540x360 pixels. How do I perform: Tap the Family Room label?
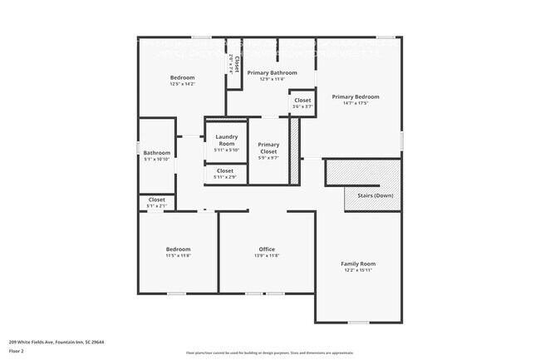point(358,264)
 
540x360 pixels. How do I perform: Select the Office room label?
point(267,249)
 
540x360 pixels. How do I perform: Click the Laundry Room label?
point(227,140)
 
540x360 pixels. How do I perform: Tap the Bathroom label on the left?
point(156,152)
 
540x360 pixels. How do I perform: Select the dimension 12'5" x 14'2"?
point(183,84)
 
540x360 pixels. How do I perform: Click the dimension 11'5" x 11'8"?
point(178,256)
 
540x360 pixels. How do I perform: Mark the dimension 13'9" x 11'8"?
point(267,256)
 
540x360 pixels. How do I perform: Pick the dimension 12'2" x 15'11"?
point(358,270)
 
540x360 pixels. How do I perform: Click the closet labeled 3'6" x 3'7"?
point(302,103)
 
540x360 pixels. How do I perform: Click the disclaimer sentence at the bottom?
point(270,353)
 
